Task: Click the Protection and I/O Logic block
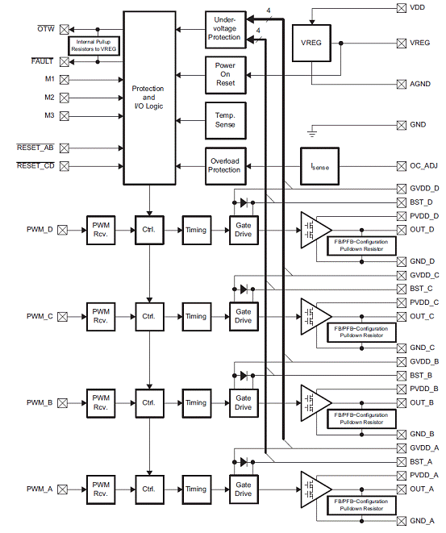[x=149, y=98]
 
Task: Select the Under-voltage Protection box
[x=225, y=29]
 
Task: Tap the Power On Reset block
[x=225, y=75]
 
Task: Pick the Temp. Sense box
[x=225, y=120]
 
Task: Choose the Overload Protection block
[x=225, y=166]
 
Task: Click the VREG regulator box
[x=311, y=43]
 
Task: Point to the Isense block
[x=319, y=166]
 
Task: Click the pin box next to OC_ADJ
[x=402, y=166]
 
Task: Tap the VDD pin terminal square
[x=402, y=8]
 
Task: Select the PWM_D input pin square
[x=62, y=230]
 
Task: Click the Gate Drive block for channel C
[x=244, y=316]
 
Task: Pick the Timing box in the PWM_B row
[x=197, y=403]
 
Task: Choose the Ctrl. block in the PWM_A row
[x=149, y=489]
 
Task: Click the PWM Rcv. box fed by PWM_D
[x=101, y=230]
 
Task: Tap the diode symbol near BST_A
[x=244, y=462]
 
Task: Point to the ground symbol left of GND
[x=312, y=132]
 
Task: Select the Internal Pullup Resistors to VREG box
[x=94, y=45]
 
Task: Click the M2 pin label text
[x=49, y=98]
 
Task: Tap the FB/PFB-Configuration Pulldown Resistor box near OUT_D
[x=361, y=245]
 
